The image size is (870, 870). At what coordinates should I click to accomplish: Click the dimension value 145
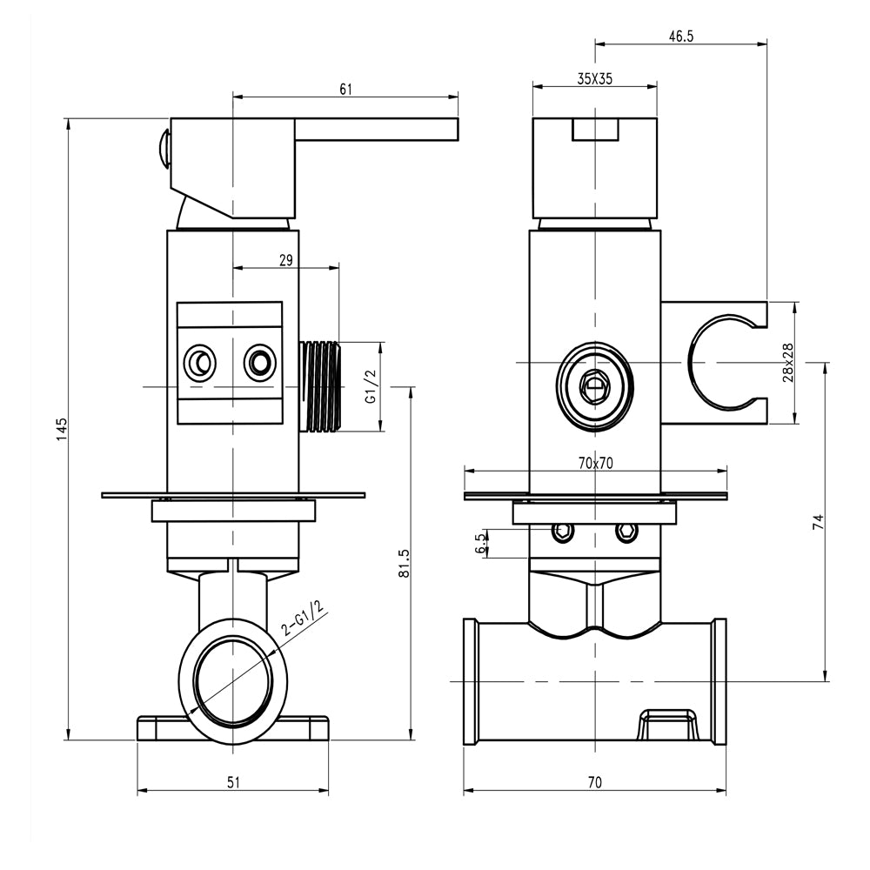click(x=62, y=429)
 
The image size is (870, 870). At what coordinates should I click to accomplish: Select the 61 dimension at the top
click(x=345, y=89)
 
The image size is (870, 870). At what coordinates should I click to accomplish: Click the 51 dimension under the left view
click(x=233, y=782)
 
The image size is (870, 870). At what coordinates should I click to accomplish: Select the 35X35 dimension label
click(x=594, y=78)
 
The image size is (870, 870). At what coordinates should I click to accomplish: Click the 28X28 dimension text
click(x=788, y=362)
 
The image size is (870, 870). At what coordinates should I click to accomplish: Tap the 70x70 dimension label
click(x=595, y=463)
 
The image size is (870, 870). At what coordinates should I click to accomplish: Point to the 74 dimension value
click(x=818, y=522)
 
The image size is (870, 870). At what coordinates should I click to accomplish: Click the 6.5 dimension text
click(x=479, y=544)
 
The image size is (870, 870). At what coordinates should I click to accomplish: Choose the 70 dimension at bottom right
click(x=594, y=782)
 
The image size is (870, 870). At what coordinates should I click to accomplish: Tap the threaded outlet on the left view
click(x=321, y=385)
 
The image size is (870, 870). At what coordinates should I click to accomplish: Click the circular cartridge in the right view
click(x=594, y=385)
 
